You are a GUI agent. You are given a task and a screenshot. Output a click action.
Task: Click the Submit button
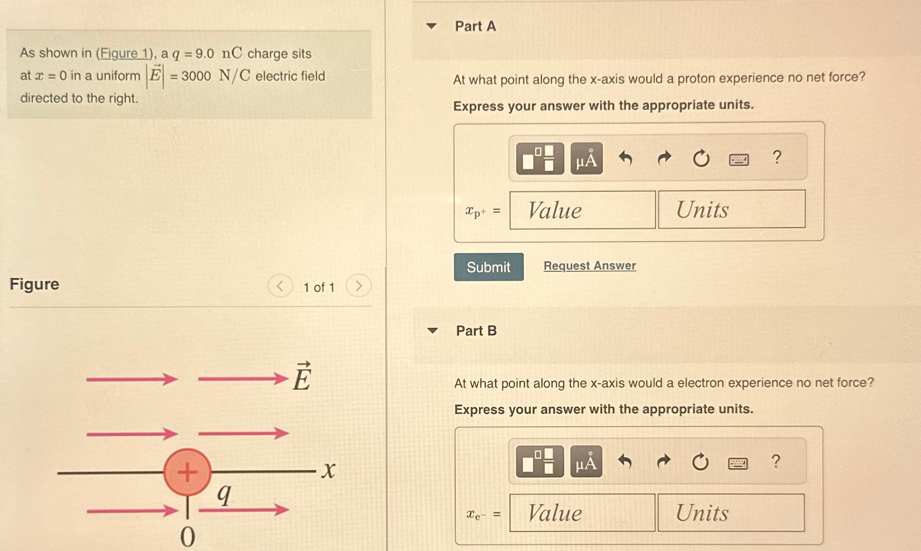coord(488,267)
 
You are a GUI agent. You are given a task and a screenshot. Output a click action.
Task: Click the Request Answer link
coord(589,266)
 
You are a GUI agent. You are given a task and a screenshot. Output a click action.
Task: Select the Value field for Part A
coord(582,210)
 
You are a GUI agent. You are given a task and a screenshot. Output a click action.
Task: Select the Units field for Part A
coord(731,210)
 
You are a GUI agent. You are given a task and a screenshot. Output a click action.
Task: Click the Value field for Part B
coord(582,513)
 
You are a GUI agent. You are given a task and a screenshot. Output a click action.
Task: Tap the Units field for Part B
coord(730,513)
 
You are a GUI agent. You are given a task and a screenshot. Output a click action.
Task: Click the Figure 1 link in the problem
coord(124,54)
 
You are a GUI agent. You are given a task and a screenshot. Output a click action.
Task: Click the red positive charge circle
coord(187,472)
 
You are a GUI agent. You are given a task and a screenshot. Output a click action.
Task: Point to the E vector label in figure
coord(302,377)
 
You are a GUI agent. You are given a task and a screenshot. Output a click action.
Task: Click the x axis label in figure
coord(329,470)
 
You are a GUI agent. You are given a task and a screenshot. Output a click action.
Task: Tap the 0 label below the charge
coord(187,537)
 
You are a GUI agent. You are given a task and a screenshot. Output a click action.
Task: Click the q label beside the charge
coord(224,493)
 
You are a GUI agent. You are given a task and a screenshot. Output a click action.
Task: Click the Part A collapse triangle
coord(431,26)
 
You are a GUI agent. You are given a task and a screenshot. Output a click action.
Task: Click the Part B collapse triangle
coord(432,331)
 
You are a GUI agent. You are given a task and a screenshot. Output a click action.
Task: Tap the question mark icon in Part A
coord(777,158)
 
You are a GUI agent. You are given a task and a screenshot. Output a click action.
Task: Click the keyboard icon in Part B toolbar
coord(738,463)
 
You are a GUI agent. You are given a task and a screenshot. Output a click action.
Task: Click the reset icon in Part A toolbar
coord(701,159)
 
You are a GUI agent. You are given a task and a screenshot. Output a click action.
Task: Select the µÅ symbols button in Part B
coord(586,462)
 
